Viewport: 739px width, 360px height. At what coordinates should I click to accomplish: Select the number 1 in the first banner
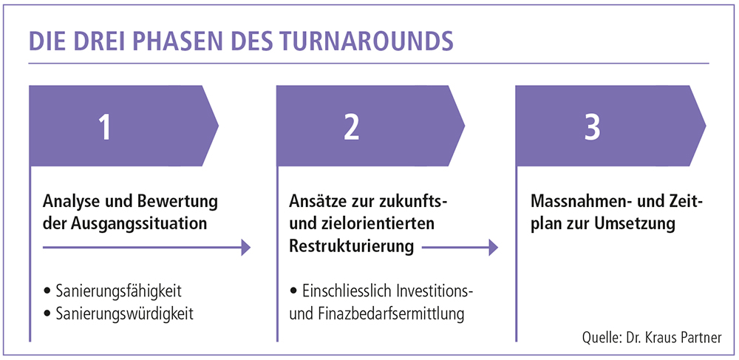105,128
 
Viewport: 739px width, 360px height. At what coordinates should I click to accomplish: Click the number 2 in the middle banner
351,128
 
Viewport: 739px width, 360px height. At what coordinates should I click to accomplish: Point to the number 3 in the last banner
593,128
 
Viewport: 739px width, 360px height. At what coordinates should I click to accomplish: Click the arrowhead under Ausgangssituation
245,247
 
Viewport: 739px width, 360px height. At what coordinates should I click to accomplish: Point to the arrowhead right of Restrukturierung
493,247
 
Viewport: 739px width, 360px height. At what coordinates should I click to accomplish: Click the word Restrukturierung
352,246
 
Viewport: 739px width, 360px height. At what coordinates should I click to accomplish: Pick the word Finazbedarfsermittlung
393,314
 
